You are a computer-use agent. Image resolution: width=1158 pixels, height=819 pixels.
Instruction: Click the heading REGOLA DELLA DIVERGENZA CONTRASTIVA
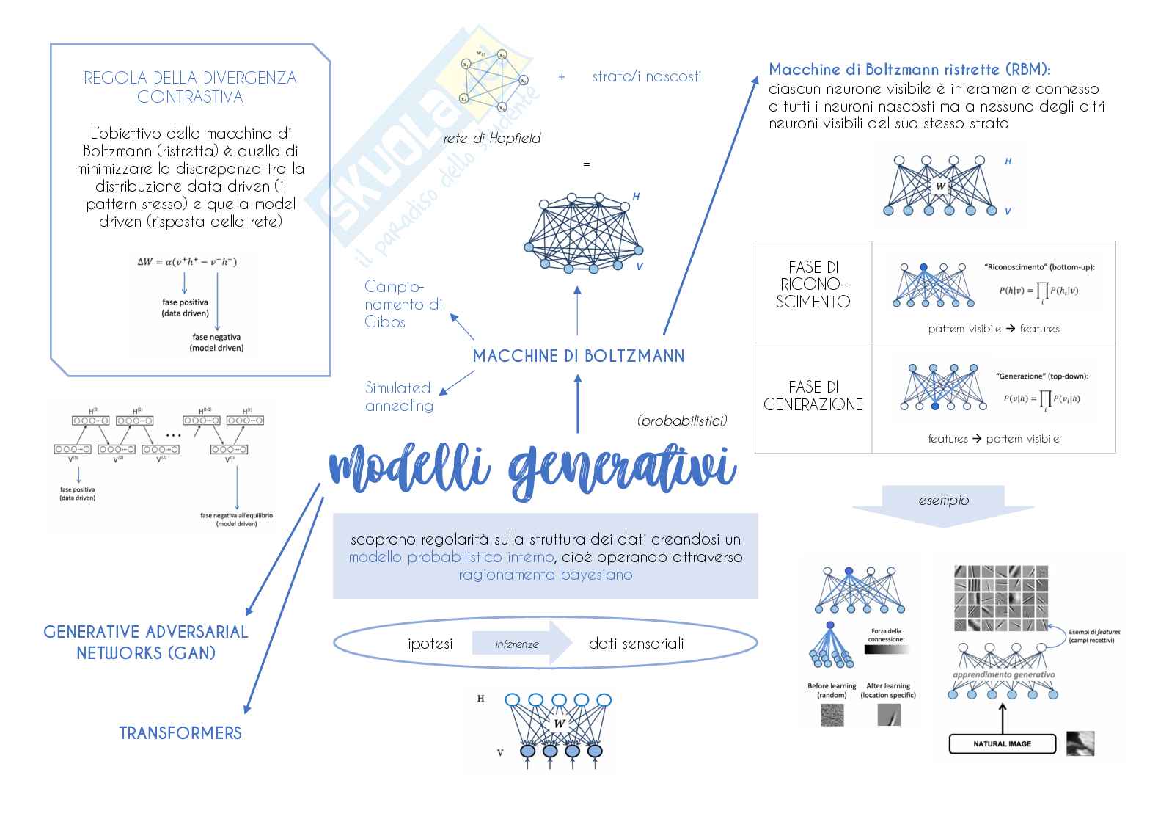coord(190,87)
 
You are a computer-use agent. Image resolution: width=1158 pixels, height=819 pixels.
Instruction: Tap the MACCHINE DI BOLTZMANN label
coord(578,357)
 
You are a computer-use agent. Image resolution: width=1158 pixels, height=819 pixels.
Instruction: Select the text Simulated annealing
coord(399,397)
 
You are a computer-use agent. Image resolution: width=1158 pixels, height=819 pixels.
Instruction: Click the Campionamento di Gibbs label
coord(403,304)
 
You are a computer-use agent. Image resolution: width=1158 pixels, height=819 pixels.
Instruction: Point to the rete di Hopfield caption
coord(491,139)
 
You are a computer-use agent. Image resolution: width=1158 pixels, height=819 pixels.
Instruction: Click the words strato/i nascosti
coord(646,76)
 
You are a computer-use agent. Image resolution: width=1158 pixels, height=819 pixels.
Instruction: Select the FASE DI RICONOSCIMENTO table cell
coord(813,285)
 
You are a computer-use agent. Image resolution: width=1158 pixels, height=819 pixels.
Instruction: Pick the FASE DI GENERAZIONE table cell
coord(813,396)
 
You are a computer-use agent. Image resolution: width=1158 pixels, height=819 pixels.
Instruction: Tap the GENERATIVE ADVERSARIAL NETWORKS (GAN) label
coord(146,642)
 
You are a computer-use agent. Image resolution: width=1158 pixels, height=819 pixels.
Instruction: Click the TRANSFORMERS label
coord(180,733)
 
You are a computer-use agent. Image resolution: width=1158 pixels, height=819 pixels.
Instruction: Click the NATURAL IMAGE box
coord(1002,744)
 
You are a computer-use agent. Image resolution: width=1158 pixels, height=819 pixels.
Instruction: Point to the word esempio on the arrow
coord(943,500)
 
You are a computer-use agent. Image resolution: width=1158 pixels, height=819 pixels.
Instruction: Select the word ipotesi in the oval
coord(430,644)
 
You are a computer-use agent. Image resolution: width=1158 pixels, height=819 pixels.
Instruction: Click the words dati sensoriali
coord(636,644)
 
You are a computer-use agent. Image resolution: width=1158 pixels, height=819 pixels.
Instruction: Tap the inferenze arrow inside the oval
coord(518,644)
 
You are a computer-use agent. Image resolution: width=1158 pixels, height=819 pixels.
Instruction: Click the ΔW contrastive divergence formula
coord(187,261)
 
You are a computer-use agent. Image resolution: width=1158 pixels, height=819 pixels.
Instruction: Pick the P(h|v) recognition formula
coord(1038,291)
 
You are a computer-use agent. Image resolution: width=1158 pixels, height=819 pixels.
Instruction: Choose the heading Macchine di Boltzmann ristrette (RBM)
coord(909,70)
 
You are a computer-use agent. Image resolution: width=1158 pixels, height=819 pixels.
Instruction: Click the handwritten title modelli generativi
coord(533,469)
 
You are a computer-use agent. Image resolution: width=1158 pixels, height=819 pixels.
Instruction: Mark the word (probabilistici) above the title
coord(682,421)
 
